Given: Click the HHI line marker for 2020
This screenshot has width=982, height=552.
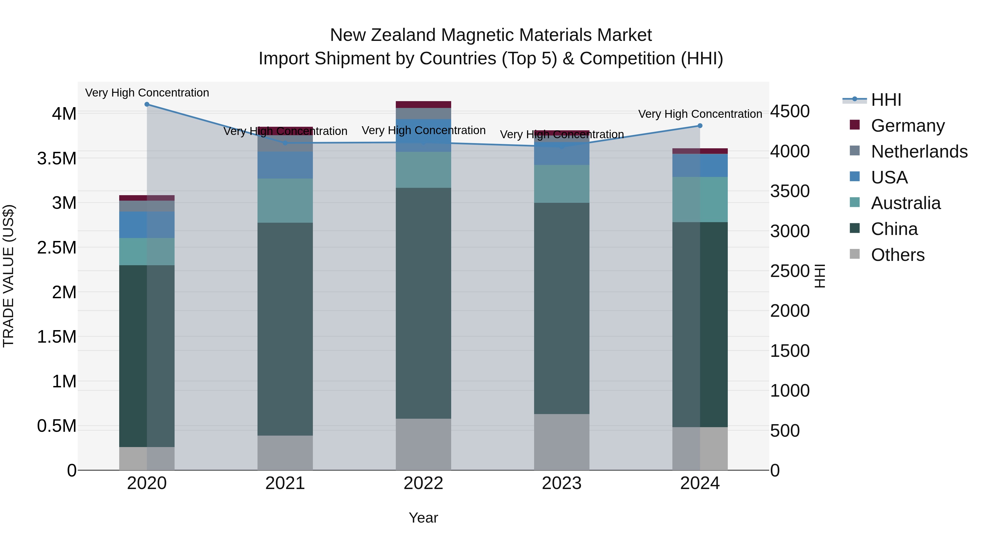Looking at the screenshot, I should tap(147, 104).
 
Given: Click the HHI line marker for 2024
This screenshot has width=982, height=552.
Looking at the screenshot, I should tap(700, 126).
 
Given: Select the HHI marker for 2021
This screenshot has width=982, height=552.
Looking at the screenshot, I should tap(285, 143).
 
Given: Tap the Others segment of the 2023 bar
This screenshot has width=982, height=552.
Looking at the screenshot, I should tap(562, 442).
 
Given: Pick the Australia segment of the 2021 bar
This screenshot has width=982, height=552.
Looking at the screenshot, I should tap(285, 200).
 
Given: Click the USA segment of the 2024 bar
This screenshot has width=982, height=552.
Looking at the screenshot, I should tap(700, 165).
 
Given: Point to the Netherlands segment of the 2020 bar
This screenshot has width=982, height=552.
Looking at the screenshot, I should tap(147, 206).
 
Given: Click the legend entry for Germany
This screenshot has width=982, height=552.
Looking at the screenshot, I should tap(908, 126).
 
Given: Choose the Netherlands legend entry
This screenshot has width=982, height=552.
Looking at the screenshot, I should tap(919, 152).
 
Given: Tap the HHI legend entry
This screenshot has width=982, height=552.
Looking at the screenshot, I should tap(886, 100).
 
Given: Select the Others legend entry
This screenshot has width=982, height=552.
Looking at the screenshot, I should tap(897, 255).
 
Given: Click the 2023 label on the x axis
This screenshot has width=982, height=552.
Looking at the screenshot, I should tap(562, 483).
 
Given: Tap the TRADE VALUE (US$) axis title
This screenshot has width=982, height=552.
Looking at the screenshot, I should tap(8, 276).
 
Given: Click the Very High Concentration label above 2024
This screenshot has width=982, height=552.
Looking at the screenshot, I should tap(700, 114).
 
